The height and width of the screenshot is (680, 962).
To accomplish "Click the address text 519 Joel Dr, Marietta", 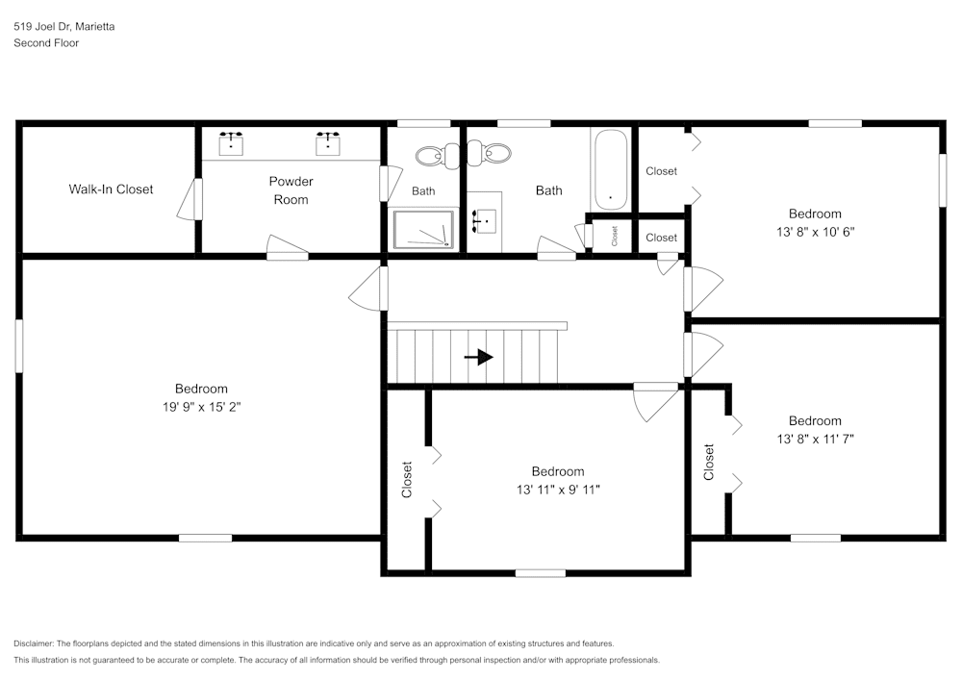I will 64,27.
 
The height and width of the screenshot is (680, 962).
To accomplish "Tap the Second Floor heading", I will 46,43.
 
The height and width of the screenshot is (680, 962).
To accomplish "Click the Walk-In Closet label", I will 111,189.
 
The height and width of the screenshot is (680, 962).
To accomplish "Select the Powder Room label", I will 291,190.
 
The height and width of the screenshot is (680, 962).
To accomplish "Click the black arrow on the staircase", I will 479,357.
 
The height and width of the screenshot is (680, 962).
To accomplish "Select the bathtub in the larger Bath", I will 610,169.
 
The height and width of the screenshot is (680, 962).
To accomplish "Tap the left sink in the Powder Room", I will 231,144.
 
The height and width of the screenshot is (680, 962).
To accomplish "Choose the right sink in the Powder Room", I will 328,144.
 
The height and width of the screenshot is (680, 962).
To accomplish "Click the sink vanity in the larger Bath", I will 484,222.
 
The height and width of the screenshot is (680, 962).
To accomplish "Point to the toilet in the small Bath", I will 434,154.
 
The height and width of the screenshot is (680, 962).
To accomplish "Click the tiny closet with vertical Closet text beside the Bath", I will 614,236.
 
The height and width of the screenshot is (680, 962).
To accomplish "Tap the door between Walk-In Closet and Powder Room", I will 197,198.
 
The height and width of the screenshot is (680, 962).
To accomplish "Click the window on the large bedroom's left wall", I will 18,345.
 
